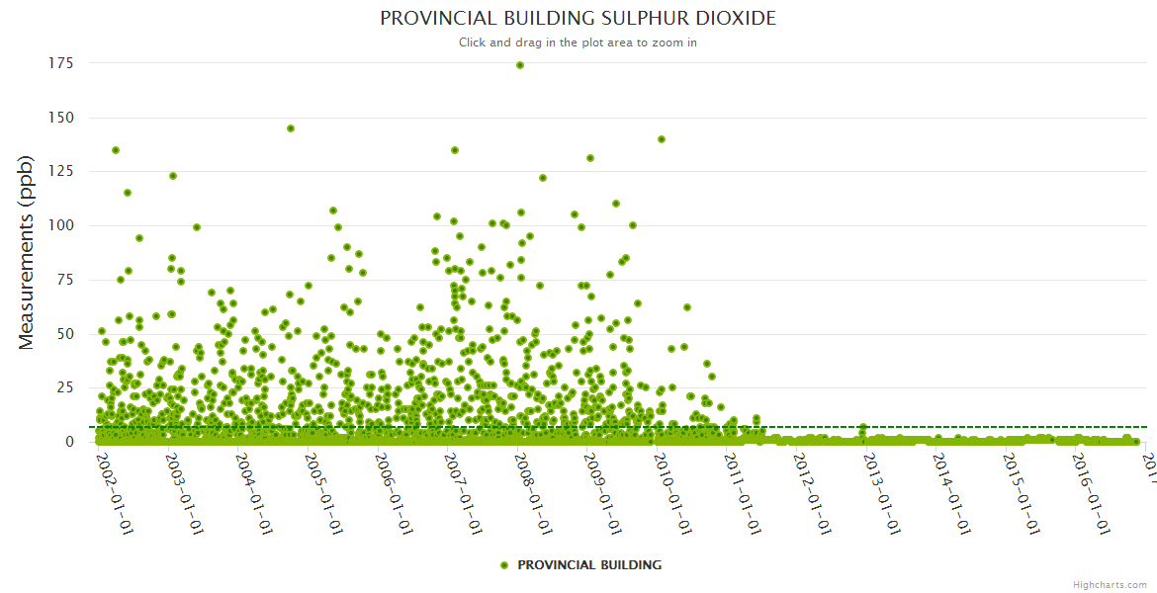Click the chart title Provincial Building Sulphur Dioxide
coord(578,19)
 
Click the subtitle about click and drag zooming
coord(578,42)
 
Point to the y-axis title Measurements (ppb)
coord(27,252)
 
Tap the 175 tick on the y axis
coord(61,63)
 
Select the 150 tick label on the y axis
coord(61,118)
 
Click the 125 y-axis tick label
coord(61,172)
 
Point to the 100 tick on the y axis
coord(61,225)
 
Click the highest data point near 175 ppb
coord(520,65)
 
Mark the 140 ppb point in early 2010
coord(662,139)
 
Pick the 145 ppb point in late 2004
coord(291,128)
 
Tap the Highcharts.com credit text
coord(1110,585)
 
